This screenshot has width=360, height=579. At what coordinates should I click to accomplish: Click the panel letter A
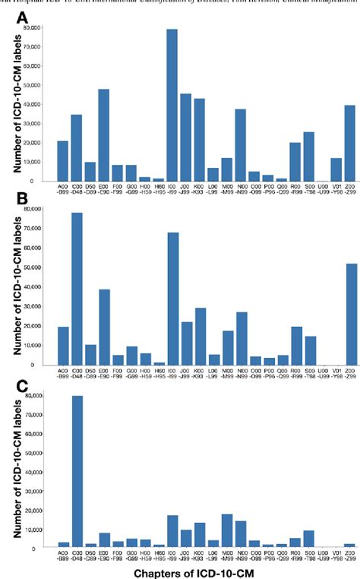pyautogui.click(x=24, y=17)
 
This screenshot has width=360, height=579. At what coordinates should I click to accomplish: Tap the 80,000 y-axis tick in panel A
pyautogui.click(x=30, y=27)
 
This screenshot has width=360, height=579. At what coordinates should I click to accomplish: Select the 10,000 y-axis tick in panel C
pyautogui.click(x=30, y=529)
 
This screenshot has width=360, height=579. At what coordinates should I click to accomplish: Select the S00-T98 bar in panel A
pyautogui.click(x=308, y=157)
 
